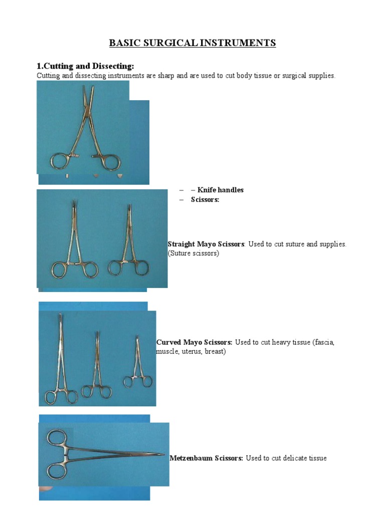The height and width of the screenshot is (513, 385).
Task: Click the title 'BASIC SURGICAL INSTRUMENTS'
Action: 192,43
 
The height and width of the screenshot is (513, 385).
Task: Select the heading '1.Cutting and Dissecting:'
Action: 85,66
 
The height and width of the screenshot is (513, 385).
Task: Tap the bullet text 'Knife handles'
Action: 220,190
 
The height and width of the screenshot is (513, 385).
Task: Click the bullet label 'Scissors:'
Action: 206,199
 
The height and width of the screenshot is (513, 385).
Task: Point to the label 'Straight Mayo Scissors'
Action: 206,244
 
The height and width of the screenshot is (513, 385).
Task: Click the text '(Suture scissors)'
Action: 194,253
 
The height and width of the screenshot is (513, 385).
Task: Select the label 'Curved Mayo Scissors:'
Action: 195,342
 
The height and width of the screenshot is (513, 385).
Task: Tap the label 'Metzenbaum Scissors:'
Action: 207,458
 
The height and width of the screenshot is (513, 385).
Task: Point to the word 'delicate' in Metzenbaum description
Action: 294,458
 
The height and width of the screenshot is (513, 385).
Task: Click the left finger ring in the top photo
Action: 60,162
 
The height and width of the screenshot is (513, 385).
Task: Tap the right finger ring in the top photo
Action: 110,162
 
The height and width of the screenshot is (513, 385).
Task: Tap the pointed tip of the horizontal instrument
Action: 163,455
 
